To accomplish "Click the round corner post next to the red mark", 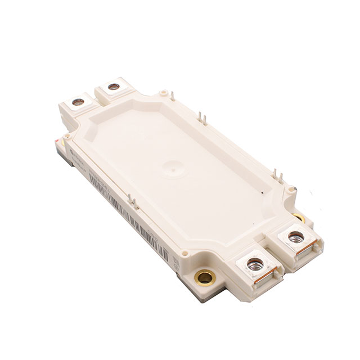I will (66, 135).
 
